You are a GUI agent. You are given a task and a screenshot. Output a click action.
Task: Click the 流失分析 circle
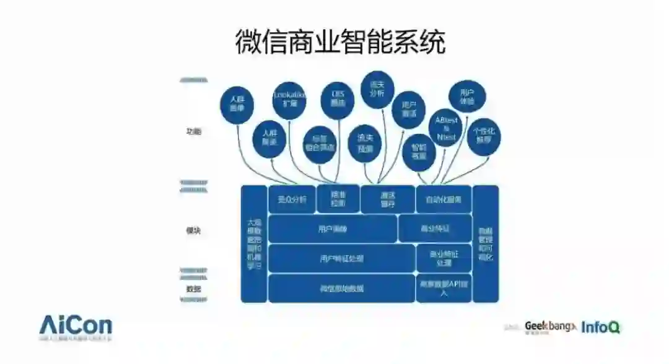pyautogui.click(x=377, y=89)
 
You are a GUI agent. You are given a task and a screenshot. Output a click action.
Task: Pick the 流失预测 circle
pyautogui.click(x=365, y=144)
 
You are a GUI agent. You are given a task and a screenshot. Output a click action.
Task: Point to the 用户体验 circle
pyautogui.click(x=466, y=97)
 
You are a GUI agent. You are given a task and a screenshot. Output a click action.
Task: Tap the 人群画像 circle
pyautogui.click(x=237, y=103)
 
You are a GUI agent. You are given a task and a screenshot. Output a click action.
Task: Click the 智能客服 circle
pyautogui.click(x=419, y=152)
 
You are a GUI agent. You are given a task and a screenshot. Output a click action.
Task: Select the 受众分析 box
pyautogui.click(x=292, y=199)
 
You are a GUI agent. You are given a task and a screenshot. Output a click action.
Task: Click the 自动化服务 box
pyautogui.click(x=444, y=199)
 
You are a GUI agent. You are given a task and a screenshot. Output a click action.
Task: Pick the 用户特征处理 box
pyautogui.click(x=341, y=258)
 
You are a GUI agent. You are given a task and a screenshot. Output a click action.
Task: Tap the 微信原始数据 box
pyautogui.click(x=341, y=288)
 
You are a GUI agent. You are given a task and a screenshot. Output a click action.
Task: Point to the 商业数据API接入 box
pyautogui.click(x=444, y=288)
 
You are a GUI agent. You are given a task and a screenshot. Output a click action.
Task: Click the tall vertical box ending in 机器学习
pyautogui.click(x=254, y=243)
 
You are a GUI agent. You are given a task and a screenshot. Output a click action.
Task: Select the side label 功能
pyautogui.click(x=194, y=131)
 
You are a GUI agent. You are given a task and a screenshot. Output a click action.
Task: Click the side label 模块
pyautogui.click(x=194, y=230)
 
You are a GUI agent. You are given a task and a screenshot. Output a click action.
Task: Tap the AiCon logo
pyautogui.click(x=76, y=327)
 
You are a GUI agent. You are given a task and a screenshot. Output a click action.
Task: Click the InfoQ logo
pyautogui.click(x=601, y=327)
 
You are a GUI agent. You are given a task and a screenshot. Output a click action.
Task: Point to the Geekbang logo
pyautogui.click(x=549, y=326)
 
